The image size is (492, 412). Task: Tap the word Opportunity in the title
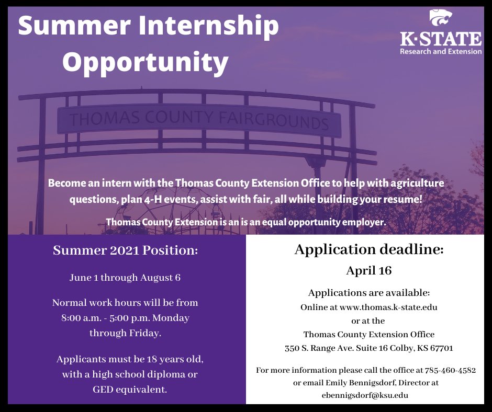pos(146,62)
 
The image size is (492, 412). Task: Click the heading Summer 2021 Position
pos(126,251)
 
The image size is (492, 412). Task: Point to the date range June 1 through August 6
pos(125,278)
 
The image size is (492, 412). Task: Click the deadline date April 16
pos(368,271)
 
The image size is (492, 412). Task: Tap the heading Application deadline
pos(368,249)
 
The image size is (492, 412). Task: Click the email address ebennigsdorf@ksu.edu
pos(365,395)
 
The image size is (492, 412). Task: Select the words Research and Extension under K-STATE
pos(441,52)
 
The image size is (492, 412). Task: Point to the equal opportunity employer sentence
pos(245,222)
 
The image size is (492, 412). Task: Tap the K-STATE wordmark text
pos(441,39)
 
